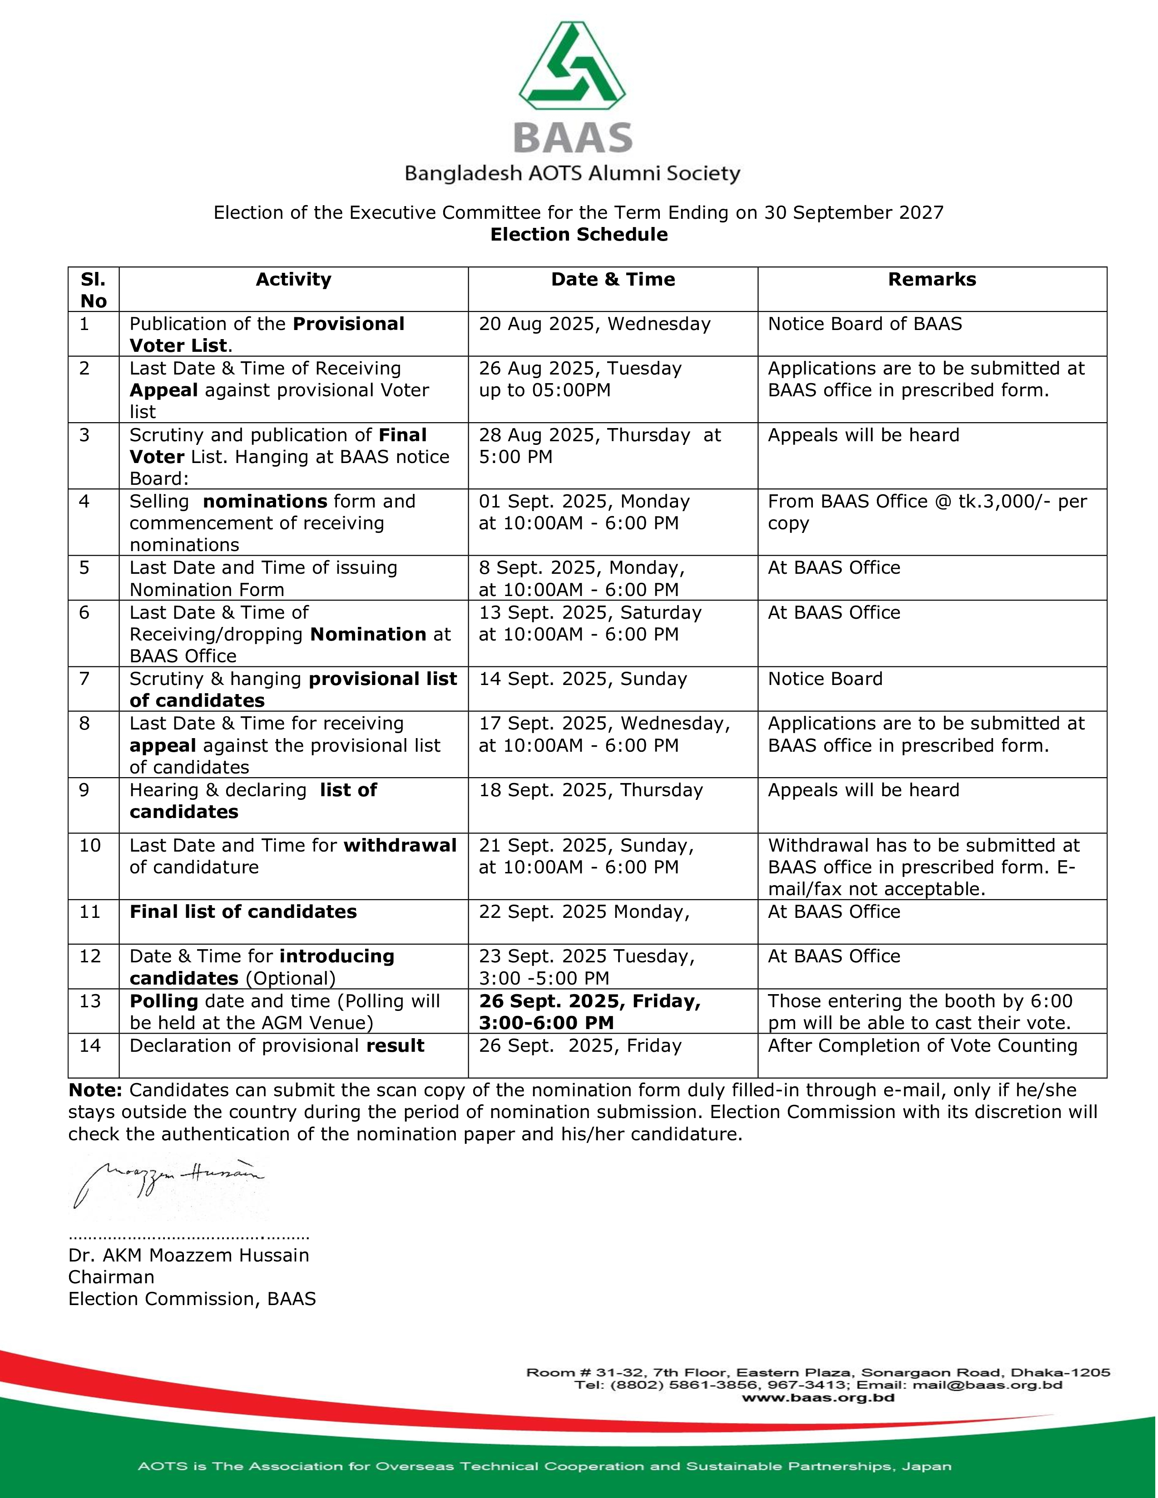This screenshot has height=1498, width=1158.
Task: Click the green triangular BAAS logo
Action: point(572,67)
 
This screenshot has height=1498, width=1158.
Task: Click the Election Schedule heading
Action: point(578,235)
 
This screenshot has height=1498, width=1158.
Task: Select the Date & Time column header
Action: point(613,279)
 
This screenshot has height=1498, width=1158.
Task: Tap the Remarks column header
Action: point(931,279)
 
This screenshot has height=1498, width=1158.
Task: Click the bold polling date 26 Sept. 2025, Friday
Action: point(589,1001)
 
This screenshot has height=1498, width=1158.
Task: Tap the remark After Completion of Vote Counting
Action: point(922,1045)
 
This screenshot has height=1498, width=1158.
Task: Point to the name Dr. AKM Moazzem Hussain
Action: point(188,1255)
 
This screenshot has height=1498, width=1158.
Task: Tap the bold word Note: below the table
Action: point(94,1090)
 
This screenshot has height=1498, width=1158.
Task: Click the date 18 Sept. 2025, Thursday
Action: point(591,790)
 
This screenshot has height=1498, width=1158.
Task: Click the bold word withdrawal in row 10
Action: point(400,845)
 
